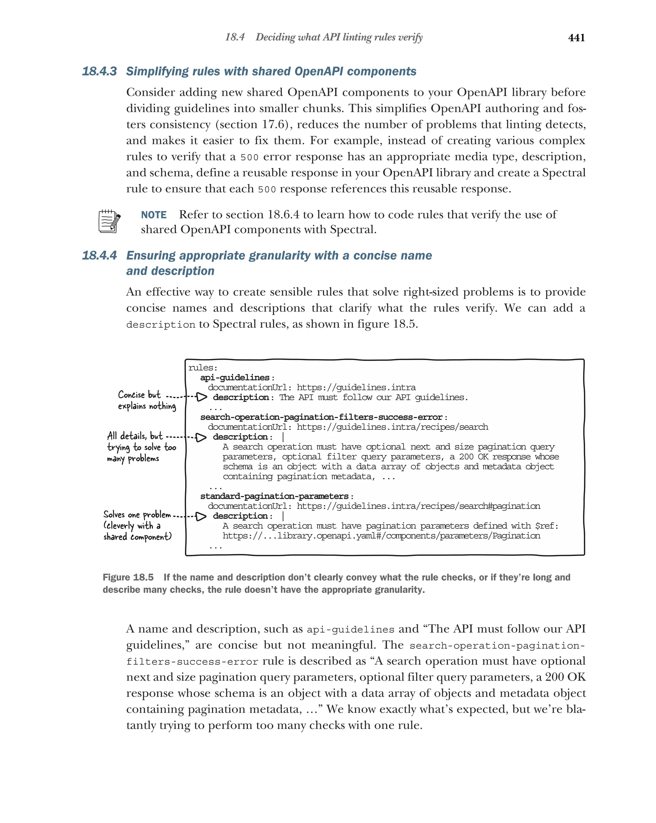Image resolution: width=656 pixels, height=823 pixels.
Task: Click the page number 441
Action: (576, 37)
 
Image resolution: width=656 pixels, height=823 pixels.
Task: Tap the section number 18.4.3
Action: (99, 71)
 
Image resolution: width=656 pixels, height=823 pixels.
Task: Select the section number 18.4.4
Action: (99, 255)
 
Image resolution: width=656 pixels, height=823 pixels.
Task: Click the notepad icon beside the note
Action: (109, 221)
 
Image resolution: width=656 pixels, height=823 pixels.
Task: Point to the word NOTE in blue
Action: (153, 215)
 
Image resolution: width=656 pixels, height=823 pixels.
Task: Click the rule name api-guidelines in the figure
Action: (235, 377)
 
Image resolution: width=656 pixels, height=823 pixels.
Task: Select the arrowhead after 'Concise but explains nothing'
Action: (201, 397)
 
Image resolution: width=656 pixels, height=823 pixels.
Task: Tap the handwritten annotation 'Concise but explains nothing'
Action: (146, 400)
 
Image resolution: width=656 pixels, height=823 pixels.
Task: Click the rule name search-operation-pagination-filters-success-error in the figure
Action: (321, 417)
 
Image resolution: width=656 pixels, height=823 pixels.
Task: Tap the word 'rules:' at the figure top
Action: (203, 367)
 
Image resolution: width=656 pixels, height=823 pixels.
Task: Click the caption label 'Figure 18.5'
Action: (128, 577)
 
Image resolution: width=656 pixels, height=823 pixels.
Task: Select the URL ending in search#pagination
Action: (418, 506)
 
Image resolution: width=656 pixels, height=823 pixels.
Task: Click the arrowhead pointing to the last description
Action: (201, 516)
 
